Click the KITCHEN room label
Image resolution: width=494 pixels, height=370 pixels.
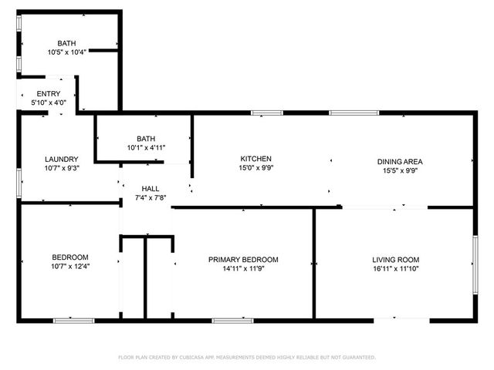tap(255, 159)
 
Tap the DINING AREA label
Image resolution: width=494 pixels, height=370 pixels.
tap(400, 162)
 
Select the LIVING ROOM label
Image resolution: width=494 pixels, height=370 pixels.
tap(396, 260)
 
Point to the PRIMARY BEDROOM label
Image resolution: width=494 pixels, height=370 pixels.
tap(243, 260)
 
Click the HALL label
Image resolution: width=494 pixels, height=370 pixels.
tap(151, 189)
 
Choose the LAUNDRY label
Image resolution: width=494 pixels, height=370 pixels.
tap(62, 160)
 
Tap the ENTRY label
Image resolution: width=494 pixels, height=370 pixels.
tap(49, 94)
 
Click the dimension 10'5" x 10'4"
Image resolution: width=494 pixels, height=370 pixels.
tap(67, 52)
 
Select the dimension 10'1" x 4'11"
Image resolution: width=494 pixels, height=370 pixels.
tap(146, 147)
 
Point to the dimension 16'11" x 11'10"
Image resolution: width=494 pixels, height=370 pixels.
tap(396, 269)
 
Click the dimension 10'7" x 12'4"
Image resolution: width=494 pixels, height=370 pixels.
tap(70, 267)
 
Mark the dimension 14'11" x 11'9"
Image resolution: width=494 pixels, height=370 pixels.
tap(243, 269)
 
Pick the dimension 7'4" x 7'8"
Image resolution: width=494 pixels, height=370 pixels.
tap(151, 198)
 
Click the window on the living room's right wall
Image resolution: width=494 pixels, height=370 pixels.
tap(475, 265)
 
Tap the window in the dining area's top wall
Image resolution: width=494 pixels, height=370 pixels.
tap(354, 113)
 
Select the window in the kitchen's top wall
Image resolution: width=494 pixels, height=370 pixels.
tap(267, 113)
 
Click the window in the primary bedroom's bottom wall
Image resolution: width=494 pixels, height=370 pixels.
tap(232, 321)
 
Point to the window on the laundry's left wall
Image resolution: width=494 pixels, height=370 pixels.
tap(19, 183)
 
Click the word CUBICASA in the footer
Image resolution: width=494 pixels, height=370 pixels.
tap(191, 358)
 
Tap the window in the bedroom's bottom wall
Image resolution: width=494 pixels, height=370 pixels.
tap(74, 321)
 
